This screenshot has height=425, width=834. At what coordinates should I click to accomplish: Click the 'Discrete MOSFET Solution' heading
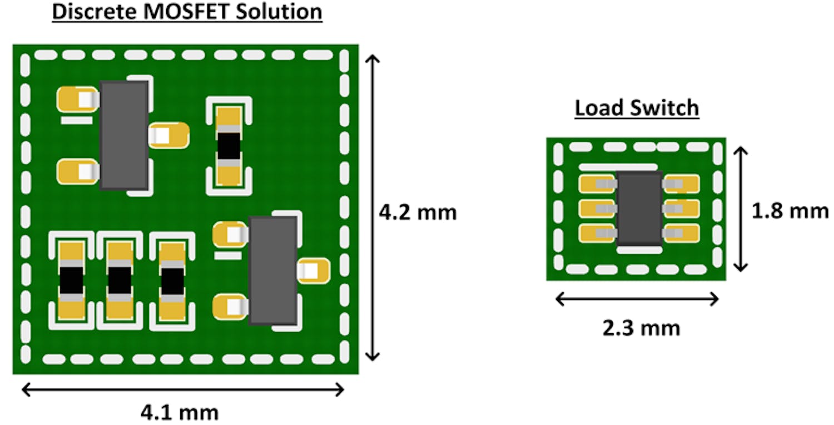click(x=187, y=12)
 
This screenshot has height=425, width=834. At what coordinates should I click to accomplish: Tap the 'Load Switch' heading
click(x=637, y=108)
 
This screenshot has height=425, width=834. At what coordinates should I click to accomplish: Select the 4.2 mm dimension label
click(x=417, y=212)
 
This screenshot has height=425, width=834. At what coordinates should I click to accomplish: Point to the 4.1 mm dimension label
click(x=179, y=413)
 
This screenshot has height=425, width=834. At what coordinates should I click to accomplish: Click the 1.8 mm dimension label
click(x=790, y=211)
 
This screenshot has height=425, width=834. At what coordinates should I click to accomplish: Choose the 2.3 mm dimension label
click(x=641, y=328)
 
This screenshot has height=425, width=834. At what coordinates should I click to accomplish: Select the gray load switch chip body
click(x=639, y=208)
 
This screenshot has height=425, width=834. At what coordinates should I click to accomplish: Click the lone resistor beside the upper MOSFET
click(x=229, y=146)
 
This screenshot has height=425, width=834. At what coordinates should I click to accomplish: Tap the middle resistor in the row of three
click(x=120, y=281)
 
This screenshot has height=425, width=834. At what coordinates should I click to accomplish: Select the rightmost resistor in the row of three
click(x=171, y=281)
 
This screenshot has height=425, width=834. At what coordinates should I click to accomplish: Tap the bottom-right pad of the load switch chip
click(x=683, y=233)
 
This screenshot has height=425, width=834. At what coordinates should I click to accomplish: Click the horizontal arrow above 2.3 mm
click(x=637, y=300)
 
